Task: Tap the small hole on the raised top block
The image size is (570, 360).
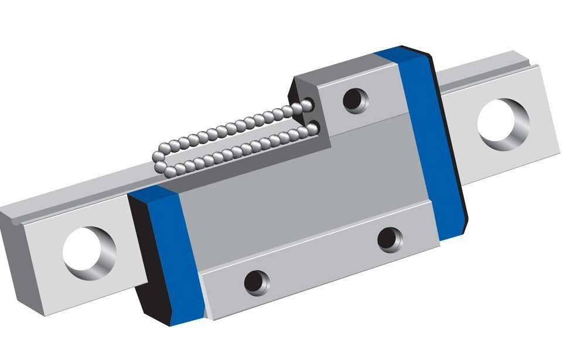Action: (355, 100)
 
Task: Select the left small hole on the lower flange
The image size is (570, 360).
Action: (256, 283)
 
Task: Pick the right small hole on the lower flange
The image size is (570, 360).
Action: (388, 239)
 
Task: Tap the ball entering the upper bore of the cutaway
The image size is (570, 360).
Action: (307, 105)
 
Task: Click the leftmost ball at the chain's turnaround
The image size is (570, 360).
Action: (158, 157)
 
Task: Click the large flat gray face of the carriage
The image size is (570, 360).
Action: (293, 193)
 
